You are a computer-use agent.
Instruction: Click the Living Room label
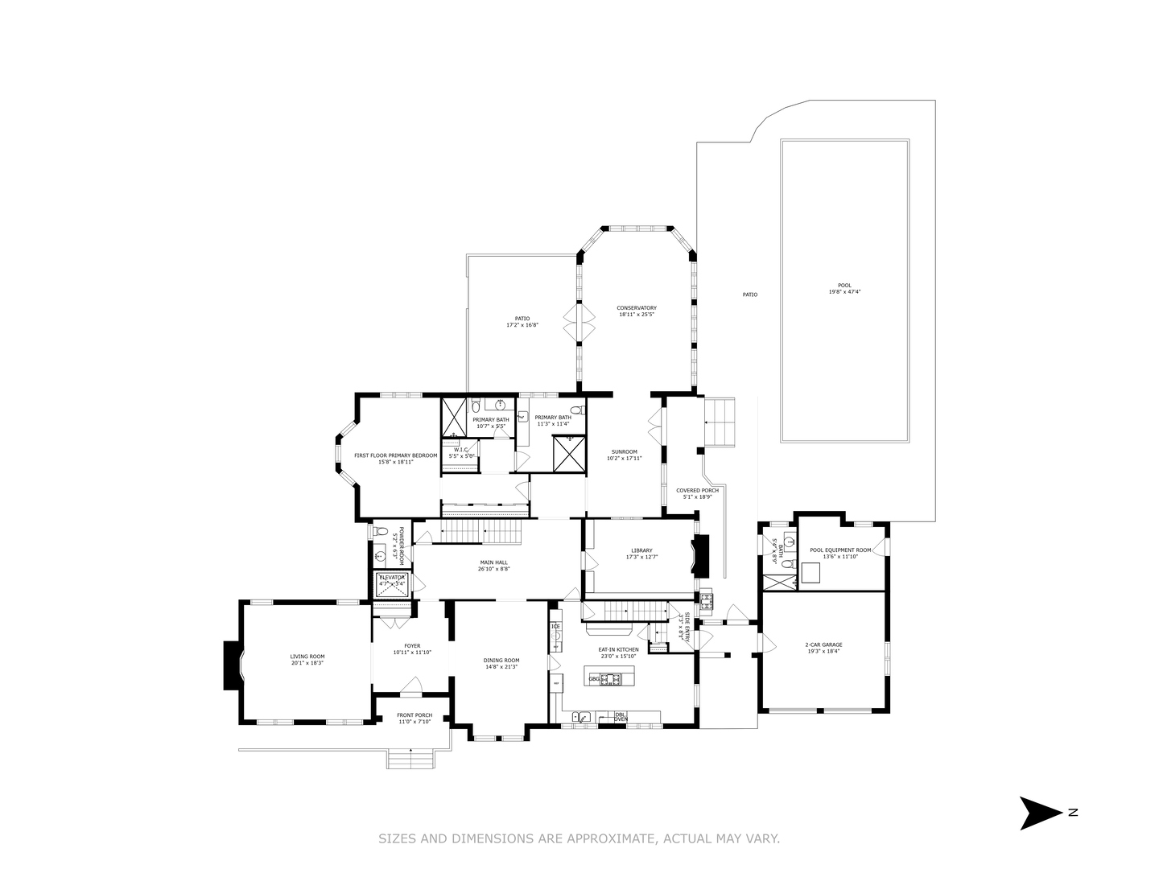[307, 657]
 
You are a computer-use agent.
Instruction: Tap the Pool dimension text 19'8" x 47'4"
[843, 292]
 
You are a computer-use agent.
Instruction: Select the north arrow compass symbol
[1041, 813]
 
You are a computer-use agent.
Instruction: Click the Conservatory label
[637, 308]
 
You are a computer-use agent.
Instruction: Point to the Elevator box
[392, 582]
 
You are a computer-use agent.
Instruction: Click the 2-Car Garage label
[823, 645]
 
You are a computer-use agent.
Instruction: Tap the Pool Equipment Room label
[840, 550]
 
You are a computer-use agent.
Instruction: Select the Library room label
[641, 550]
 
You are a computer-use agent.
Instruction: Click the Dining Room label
[501, 661]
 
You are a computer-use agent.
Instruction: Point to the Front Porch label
[415, 715]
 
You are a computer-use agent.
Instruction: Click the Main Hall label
[494, 562]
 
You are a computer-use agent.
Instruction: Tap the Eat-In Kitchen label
[618, 649]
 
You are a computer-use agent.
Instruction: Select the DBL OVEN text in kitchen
[621, 716]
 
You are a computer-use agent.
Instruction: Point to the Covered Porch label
[697, 490]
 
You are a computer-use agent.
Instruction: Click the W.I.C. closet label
[461, 451]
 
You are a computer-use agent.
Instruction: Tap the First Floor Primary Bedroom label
[395, 455]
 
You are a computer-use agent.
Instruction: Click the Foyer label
[412, 645]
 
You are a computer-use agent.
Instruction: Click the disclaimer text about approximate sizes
[579, 838]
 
